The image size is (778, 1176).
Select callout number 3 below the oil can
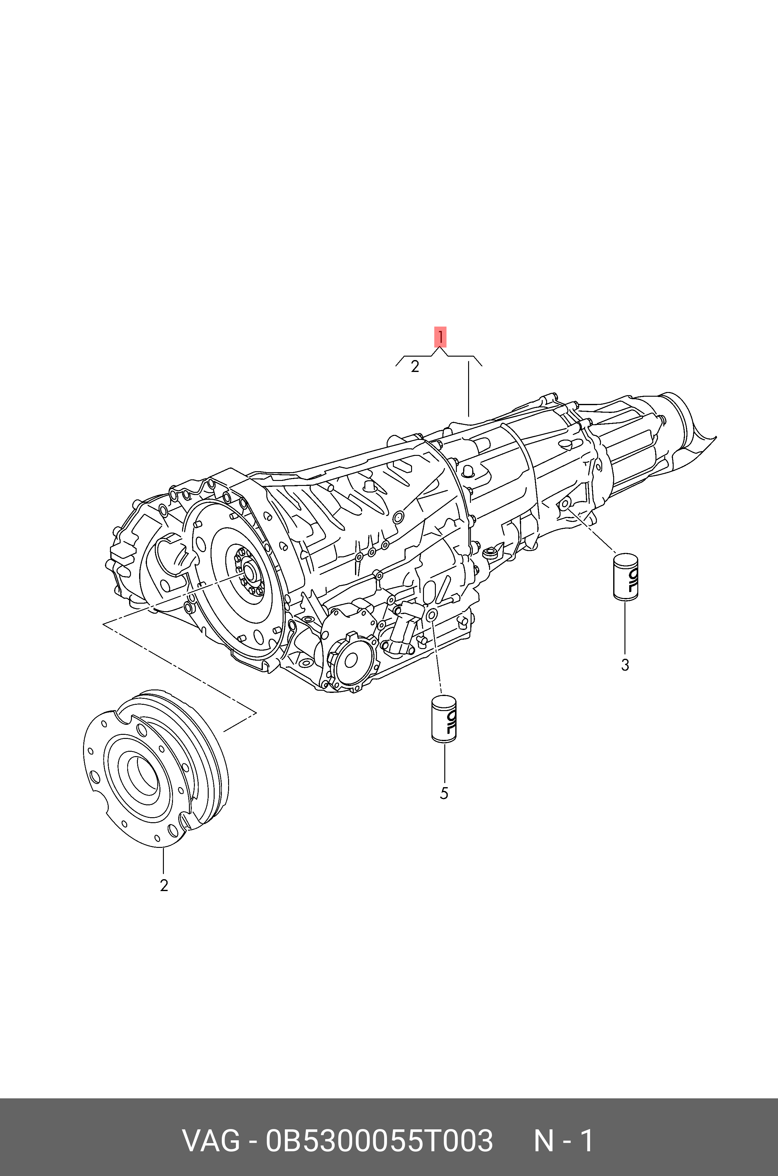click(625, 665)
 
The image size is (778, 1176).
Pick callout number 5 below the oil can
click(444, 793)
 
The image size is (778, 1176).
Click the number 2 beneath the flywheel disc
click(164, 885)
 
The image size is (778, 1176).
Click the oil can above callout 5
click(444, 720)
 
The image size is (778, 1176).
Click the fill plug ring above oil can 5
click(431, 615)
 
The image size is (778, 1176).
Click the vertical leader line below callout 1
click(468, 389)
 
